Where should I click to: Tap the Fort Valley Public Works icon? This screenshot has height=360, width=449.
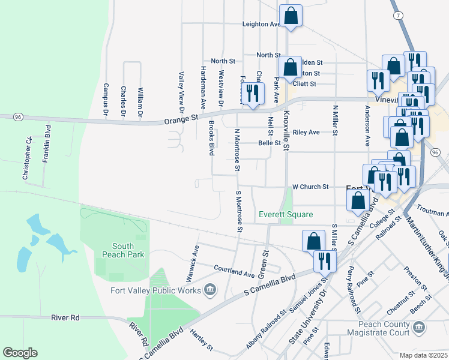tap(209, 290)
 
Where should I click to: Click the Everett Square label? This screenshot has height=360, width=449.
tap(286, 214)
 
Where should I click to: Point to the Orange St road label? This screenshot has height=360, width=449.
tap(181, 121)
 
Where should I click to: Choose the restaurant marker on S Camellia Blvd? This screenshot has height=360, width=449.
tap(325, 260)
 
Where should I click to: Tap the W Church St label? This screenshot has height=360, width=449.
tap(310, 187)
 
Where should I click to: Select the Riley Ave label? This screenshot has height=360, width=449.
tap(306, 132)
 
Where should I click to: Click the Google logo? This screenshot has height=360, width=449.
tap(20, 353)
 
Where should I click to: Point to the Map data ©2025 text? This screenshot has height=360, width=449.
tap(424, 355)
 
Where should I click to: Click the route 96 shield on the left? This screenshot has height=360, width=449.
tap(17, 117)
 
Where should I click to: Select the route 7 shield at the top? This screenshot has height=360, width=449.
tap(396, 14)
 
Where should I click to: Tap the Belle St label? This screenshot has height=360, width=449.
tap(269, 143)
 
